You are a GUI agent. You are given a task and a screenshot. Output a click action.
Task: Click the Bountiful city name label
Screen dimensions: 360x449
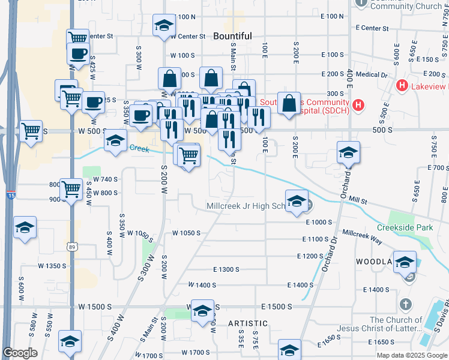pyautogui.click(x=232, y=36)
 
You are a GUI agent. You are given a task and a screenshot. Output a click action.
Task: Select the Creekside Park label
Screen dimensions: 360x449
pyautogui.click(x=405, y=228)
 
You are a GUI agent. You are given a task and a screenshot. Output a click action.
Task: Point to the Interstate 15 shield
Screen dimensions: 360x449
pyautogui.click(x=11, y=195)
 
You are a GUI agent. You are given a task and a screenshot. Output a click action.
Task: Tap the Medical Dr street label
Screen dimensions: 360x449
pyautogui.click(x=372, y=75)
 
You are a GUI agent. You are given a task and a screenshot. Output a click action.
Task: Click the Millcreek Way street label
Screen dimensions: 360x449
pyautogui.click(x=362, y=235)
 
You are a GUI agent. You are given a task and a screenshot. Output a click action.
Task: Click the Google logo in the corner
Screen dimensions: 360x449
pyautogui.click(x=20, y=353)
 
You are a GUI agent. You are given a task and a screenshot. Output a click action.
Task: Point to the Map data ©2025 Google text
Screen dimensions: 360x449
pyautogui.click(x=412, y=355)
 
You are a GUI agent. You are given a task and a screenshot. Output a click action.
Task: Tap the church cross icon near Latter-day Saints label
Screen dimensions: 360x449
pyautogui.click(x=406, y=305)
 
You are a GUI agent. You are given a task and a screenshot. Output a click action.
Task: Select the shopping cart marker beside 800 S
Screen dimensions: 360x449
pyautogui.click(x=71, y=190)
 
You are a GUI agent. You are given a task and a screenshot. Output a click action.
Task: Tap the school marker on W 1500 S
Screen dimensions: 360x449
pyautogui.click(x=202, y=310)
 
